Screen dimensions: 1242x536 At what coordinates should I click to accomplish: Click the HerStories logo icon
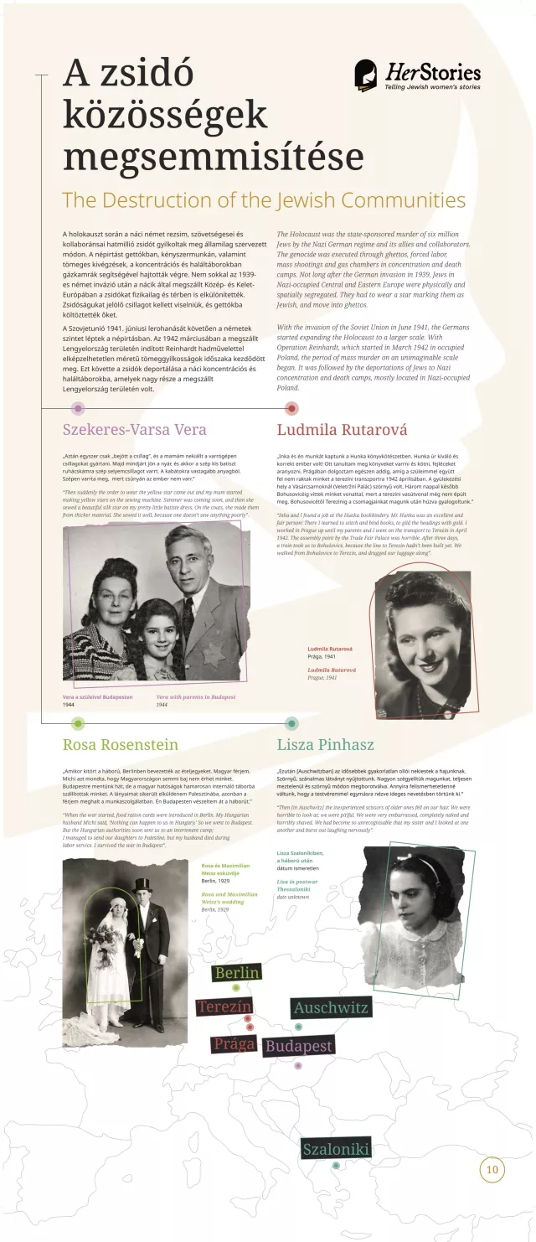click(x=365, y=75)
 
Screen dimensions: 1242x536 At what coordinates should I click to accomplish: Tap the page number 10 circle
click(x=492, y=1169)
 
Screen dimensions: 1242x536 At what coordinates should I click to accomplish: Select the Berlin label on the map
click(x=237, y=972)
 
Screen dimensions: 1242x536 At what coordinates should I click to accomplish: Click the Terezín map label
click(x=224, y=1007)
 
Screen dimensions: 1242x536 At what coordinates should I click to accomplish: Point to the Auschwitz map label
click(x=330, y=1007)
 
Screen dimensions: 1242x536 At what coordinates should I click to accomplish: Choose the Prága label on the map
click(x=234, y=1043)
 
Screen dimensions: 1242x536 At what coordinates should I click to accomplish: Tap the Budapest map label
click(x=298, y=1046)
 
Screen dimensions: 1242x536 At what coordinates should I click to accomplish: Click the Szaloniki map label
click(x=336, y=1149)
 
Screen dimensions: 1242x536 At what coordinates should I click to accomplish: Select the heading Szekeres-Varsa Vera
click(x=134, y=430)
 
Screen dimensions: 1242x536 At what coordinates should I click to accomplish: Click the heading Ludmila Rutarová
click(x=342, y=430)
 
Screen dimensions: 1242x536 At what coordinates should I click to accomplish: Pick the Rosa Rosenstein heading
click(x=121, y=744)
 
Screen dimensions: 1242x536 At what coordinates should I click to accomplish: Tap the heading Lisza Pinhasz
click(x=325, y=744)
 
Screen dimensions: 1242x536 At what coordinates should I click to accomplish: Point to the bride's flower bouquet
click(x=107, y=936)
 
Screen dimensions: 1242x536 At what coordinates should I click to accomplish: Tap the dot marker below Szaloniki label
click(x=336, y=1165)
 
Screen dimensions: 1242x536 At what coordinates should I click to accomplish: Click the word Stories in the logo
click(x=456, y=72)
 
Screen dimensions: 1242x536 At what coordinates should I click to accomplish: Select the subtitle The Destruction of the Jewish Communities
click(x=264, y=200)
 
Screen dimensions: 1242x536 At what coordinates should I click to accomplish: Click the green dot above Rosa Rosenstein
click(x=78, y=723)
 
